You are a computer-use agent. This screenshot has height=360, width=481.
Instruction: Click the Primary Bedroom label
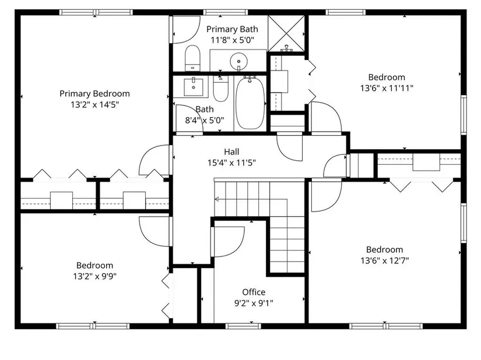click(94, 94)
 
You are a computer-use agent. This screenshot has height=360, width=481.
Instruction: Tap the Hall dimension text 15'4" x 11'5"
click(231, 163)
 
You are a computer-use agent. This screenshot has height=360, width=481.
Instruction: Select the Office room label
click(254, 292)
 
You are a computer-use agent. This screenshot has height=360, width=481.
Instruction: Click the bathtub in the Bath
click(250, 103)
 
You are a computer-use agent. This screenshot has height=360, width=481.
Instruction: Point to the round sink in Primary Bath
click(238, 61)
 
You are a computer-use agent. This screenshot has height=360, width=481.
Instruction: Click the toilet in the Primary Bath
click(192, 58)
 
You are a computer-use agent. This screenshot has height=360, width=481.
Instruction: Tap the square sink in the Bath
click(193, 87)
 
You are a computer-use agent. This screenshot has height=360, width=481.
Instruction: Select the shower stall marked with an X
click(286, 34)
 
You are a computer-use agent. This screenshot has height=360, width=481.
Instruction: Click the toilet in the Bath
click(220, 89)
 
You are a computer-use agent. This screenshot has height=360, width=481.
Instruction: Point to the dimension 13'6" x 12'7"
click(385, 261)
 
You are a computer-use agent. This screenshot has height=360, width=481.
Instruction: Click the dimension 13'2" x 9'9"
click(95, 276)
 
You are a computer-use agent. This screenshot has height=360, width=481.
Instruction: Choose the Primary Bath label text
click(232, 29)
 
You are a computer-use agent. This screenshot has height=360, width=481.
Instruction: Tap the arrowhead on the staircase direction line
click(216, 199)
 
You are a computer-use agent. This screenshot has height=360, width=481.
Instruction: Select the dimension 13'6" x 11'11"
click(387, 88)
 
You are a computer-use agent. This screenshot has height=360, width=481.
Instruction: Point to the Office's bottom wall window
click(243, 326)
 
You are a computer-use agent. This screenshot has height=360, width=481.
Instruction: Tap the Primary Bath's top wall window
click(226, 12)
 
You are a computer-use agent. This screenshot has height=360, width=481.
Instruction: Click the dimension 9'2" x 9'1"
click(254, 303)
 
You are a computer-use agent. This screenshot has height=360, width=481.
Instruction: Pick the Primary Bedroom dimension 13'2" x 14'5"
click(95, 105)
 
